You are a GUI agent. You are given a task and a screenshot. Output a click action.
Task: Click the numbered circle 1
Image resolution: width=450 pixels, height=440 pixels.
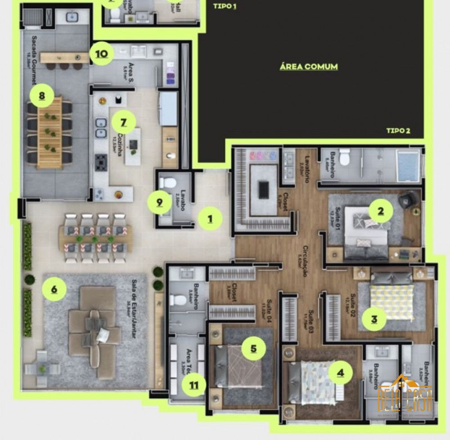point(210,219)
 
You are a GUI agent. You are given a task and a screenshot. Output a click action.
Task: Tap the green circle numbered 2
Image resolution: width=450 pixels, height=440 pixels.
point(380,211)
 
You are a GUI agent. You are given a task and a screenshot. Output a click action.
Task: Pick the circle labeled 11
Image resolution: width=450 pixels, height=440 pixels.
point(194,385)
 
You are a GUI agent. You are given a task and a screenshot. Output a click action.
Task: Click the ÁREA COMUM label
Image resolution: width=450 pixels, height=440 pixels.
point(309,67)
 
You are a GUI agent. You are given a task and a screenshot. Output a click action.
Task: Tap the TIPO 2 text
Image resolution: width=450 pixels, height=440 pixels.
point(398,131)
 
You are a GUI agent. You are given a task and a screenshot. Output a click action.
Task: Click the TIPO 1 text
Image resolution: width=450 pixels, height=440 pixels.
point(225,6)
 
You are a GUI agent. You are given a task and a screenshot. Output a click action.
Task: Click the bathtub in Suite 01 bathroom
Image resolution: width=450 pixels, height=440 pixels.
point(408,161)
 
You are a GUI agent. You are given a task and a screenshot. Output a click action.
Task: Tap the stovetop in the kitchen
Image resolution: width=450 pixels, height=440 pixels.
point(101,161)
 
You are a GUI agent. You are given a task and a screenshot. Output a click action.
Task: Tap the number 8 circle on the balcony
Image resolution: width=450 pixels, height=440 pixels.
point(42,95)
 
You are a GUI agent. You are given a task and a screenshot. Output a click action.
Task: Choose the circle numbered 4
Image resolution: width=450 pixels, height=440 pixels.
point(341,372)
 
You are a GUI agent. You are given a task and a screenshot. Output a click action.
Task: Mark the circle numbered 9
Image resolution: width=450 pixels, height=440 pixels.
point(160,202)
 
